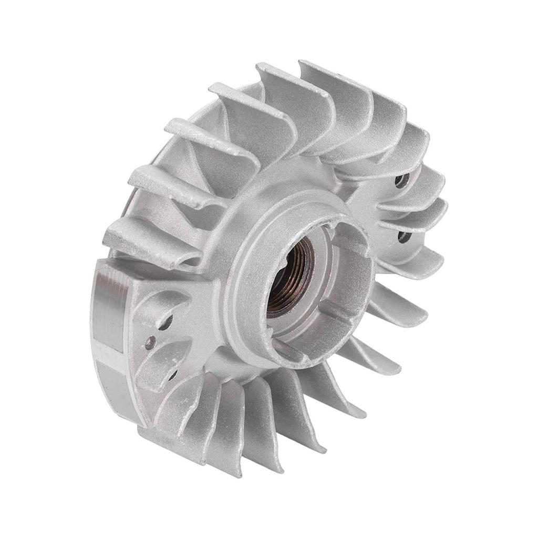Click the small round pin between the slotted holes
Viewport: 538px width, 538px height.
(x=150, y=343)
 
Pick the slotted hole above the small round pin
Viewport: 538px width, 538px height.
(x=166, y=322)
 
